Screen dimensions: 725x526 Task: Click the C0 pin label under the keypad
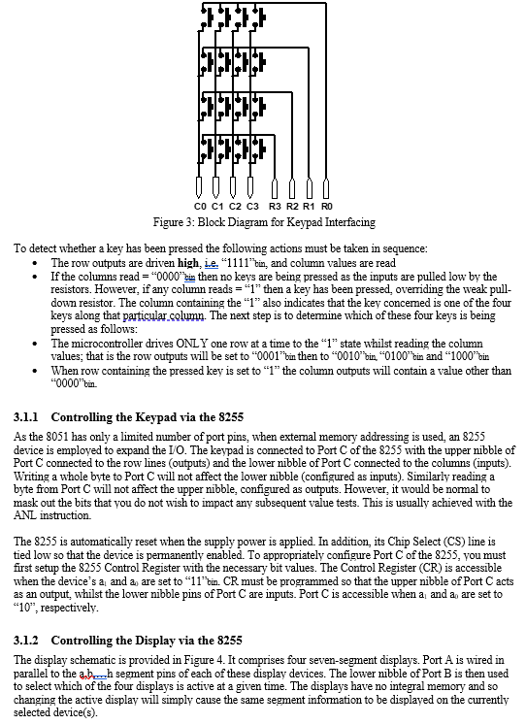(x=200, y=207)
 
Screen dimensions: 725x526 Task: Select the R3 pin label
(x=276, y=207)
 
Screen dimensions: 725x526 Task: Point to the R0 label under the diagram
(x=327, y=207)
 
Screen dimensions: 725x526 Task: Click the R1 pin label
(x=310, y=207)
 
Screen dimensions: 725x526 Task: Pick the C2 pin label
(x=236, y=207)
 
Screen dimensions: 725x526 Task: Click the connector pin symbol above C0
(x=200, y=187)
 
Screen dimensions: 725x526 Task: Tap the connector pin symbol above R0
(x=327, y=187)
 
